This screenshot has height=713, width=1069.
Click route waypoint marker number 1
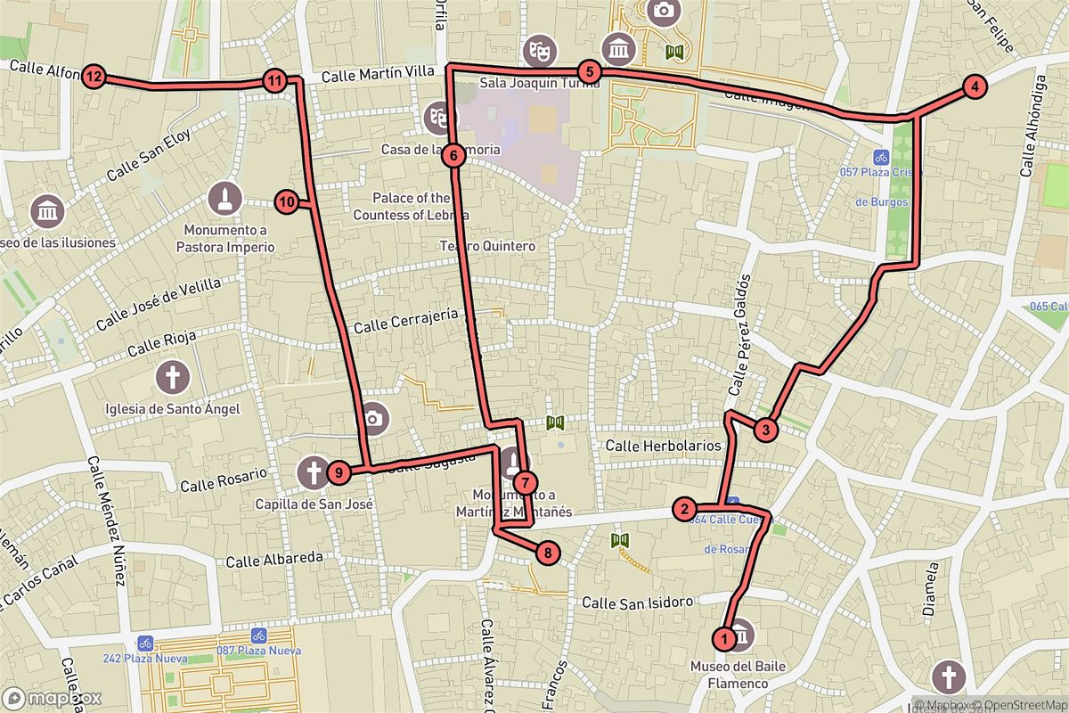point(724,638)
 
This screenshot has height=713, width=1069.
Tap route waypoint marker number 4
point(975,86)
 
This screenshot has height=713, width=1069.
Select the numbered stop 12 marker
point(94,77)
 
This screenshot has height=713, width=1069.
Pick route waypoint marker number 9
point(338,472)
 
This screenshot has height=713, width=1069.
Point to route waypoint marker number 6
point(453,156)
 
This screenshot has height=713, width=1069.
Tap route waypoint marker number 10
point(286,202)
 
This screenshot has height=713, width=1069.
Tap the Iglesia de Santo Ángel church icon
point(173,378)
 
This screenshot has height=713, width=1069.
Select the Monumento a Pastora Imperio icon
point(225,199)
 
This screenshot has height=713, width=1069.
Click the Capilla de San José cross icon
point(313,471)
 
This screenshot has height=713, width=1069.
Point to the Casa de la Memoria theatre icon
point(437,117)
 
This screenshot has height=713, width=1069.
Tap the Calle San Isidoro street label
point(637,603)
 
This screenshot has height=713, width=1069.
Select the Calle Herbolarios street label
point(663,445)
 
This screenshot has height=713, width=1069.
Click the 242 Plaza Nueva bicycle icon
point(144,642)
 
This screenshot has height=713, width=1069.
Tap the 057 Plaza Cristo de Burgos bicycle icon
point(879,155)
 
